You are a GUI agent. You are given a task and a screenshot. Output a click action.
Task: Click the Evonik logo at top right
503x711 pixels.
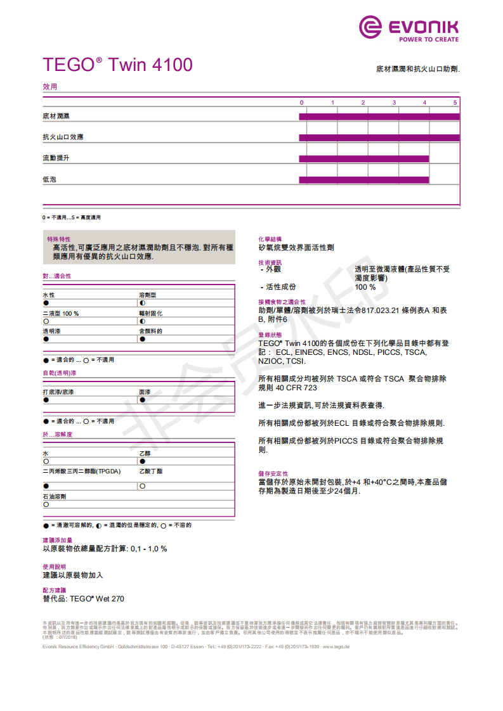[408, 29]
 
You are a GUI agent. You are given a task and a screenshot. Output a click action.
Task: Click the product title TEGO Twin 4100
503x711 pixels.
[117, 65]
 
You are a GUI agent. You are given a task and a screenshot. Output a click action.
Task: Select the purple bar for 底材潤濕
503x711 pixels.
[379, 117]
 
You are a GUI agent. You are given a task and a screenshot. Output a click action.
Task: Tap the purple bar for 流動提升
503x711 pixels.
[363, 158]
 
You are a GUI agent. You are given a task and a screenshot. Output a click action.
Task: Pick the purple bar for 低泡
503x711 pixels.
[363, 180]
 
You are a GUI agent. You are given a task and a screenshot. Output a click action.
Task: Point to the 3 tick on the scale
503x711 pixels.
[394, 103]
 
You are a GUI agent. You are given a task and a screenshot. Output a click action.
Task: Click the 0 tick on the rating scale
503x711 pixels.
[302, 103]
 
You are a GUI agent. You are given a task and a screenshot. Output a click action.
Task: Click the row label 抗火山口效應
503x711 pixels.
[63, 138]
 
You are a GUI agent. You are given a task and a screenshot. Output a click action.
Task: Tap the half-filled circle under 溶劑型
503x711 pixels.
[142, 304]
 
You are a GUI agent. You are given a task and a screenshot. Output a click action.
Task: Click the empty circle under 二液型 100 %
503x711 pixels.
[46, 321]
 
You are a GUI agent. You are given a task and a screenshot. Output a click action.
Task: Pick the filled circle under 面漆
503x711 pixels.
[142, 400]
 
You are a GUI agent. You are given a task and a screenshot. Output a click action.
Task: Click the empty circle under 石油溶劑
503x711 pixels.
[46, 505]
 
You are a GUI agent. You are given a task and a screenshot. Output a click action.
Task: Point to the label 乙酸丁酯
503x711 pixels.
[151, 471]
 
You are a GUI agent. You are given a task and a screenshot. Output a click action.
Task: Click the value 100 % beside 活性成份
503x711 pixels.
[365, 287]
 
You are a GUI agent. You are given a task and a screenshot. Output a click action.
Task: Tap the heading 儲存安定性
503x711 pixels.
[273, 473]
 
